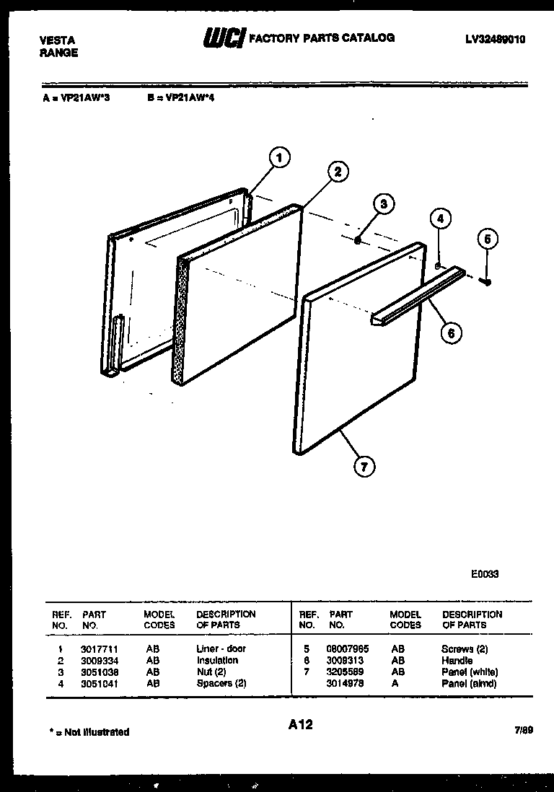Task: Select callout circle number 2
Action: coord(337,172)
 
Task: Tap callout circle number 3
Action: coord(384,204)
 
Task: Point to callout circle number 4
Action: coord(441,219)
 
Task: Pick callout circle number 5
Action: coord(488,238)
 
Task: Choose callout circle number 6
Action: coord(452,333)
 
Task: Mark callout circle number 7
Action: coord(364,467)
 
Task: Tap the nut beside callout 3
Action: coord(358,242)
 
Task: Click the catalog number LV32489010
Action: coord(496,40)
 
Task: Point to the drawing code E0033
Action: coord(485,575)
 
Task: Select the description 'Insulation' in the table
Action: coord(216,660)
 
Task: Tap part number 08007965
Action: coord(348,648)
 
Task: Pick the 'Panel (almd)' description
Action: coord(469,683)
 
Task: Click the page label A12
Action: coord(299,724)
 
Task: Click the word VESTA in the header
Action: coord(57,40)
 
